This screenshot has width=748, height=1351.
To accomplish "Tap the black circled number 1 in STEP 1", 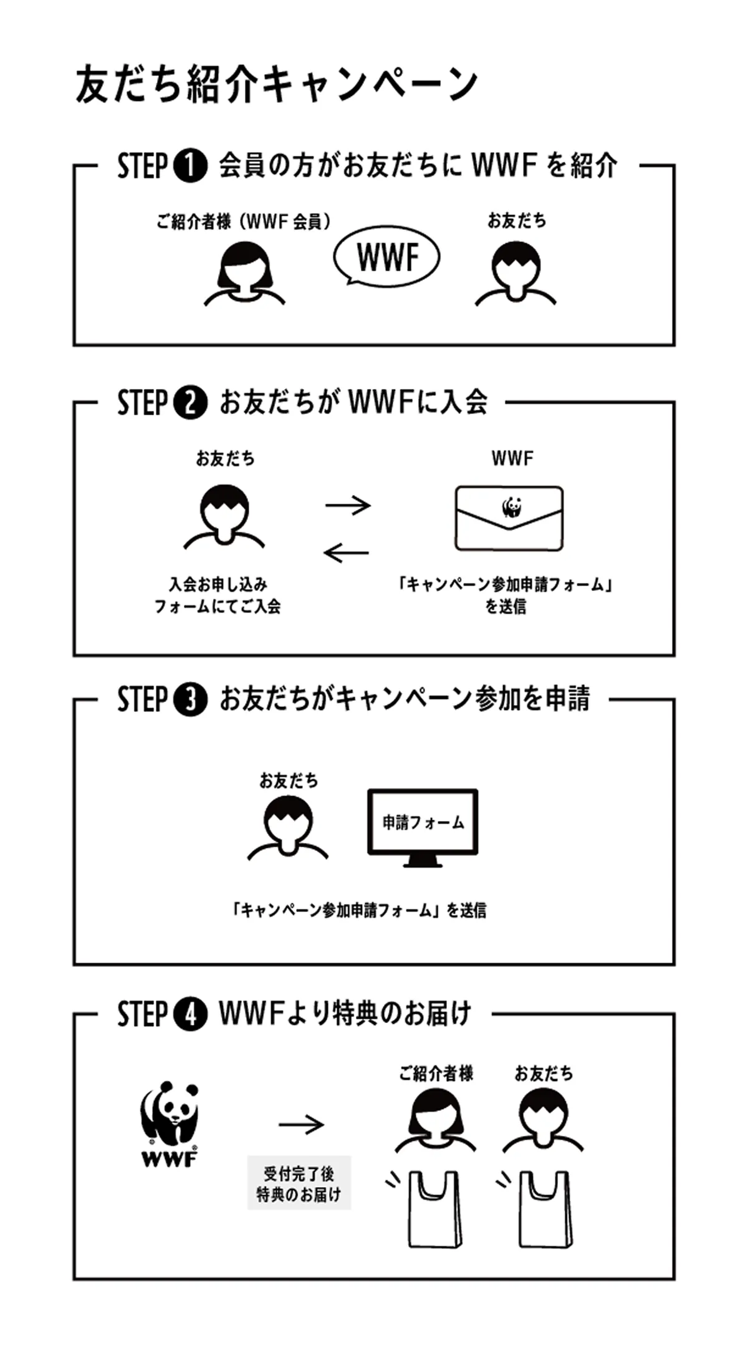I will coord(191,166).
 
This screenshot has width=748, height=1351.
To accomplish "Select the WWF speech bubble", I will coord(387,257).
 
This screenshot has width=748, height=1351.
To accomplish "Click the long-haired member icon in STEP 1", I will coord(244,274).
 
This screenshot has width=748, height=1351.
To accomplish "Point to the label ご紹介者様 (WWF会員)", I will coord(244,221).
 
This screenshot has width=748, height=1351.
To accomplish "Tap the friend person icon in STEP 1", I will coord(515,274).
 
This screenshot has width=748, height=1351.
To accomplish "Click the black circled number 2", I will coord(191,402).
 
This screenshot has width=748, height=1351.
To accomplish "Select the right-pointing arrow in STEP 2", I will coord(348,504).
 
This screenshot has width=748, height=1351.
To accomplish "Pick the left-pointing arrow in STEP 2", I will coord(347,552).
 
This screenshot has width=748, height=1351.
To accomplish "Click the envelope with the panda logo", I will coord(509,518).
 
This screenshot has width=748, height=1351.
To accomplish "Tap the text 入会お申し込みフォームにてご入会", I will coord(218,595).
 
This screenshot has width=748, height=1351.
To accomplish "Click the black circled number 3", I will coord(191,699).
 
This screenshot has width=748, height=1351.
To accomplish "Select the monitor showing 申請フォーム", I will coord(423,826).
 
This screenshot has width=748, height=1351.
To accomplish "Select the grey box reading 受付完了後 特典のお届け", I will coord(299,1183).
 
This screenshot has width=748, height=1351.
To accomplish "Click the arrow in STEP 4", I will coord(301,1124).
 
